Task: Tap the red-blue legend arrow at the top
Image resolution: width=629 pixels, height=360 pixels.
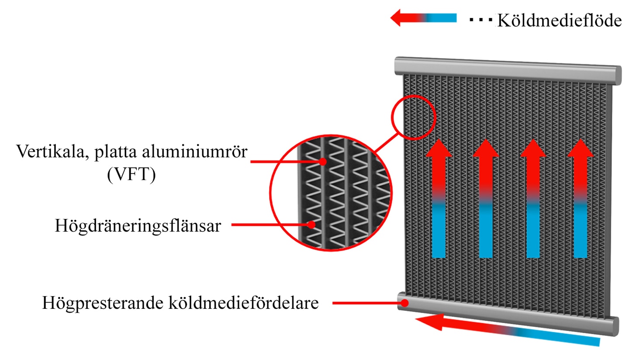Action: (423, 17)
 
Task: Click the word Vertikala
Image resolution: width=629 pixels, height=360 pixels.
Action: (52, 152)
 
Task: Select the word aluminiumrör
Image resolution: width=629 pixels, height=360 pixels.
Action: (195, 152)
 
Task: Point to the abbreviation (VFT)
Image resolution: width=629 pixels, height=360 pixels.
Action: (131, 174)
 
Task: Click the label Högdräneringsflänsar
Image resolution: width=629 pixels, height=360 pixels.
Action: (138, 225)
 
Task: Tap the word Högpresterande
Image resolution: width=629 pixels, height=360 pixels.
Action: (103, 303)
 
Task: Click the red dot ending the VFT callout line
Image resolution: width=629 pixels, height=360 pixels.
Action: (323, 162)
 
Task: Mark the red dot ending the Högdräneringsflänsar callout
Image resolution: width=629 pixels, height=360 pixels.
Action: (311, 225)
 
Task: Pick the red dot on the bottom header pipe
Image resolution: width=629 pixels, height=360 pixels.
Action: (404, 303)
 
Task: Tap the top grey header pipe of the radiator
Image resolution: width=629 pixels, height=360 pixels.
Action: (508, 70)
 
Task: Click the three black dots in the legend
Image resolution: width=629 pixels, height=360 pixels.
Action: (481, 20)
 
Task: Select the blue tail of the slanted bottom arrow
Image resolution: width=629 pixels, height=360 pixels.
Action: (559, 338)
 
